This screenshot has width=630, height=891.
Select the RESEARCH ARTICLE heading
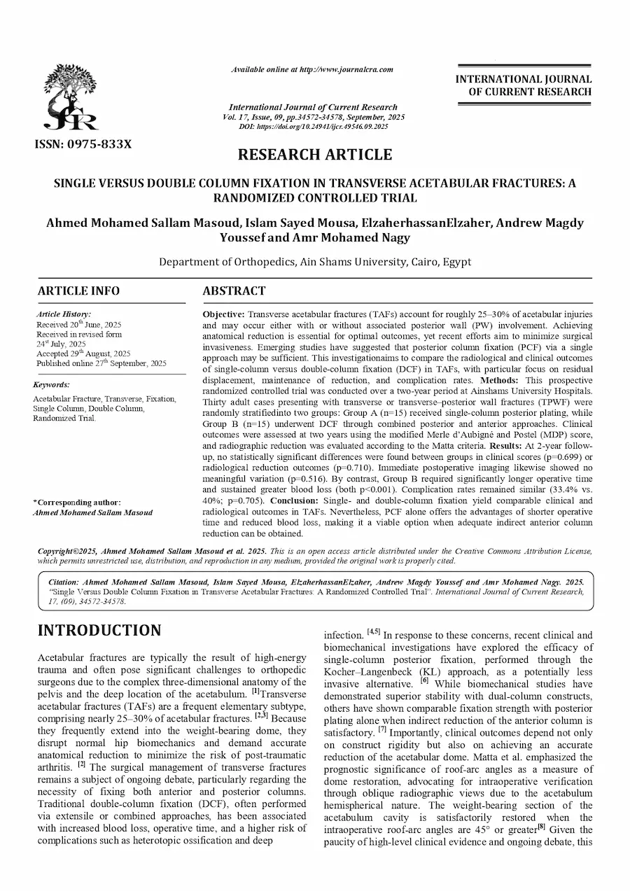(314, 155)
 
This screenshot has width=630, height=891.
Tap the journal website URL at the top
(312, 69)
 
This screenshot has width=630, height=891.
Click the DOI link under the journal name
(314, 127)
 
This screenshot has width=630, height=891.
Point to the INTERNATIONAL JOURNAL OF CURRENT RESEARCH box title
(524, 85)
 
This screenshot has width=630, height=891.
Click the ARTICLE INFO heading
(78, 290)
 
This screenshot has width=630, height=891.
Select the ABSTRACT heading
(234, 290)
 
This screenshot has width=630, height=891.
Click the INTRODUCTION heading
(99, 630)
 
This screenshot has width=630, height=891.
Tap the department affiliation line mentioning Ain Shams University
(315, 262)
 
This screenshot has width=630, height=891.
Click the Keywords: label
(52, 385)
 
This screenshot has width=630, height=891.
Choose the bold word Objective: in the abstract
(224, 314)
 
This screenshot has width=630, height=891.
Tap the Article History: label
(64, 315)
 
